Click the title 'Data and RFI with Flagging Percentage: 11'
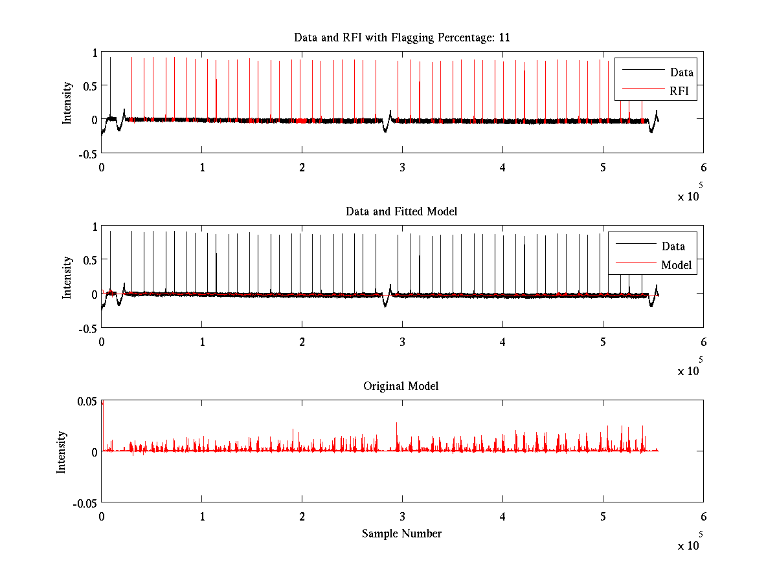[401, 38]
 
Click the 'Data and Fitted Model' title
[401, 211]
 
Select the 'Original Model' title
[401, 386]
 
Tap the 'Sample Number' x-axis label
[401, 533]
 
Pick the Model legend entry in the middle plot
[676, 265]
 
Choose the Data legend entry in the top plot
[681, 72]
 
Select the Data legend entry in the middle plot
[673, 246]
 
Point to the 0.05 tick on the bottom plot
[86, 401]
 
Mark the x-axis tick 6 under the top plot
[703, 167]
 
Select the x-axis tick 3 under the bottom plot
[402, 517]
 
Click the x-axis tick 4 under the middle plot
[502, 341]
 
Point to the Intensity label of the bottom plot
[62, 452]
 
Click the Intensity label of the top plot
[67, 103]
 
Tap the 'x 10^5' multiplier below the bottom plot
[690, 545]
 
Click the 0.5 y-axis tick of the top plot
[89, 86]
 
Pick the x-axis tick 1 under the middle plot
[202, 341]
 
